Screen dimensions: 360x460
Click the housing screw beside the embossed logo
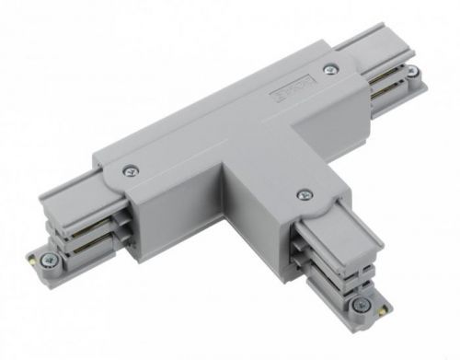click(328, 66)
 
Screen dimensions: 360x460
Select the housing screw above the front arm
click(303, 193)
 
